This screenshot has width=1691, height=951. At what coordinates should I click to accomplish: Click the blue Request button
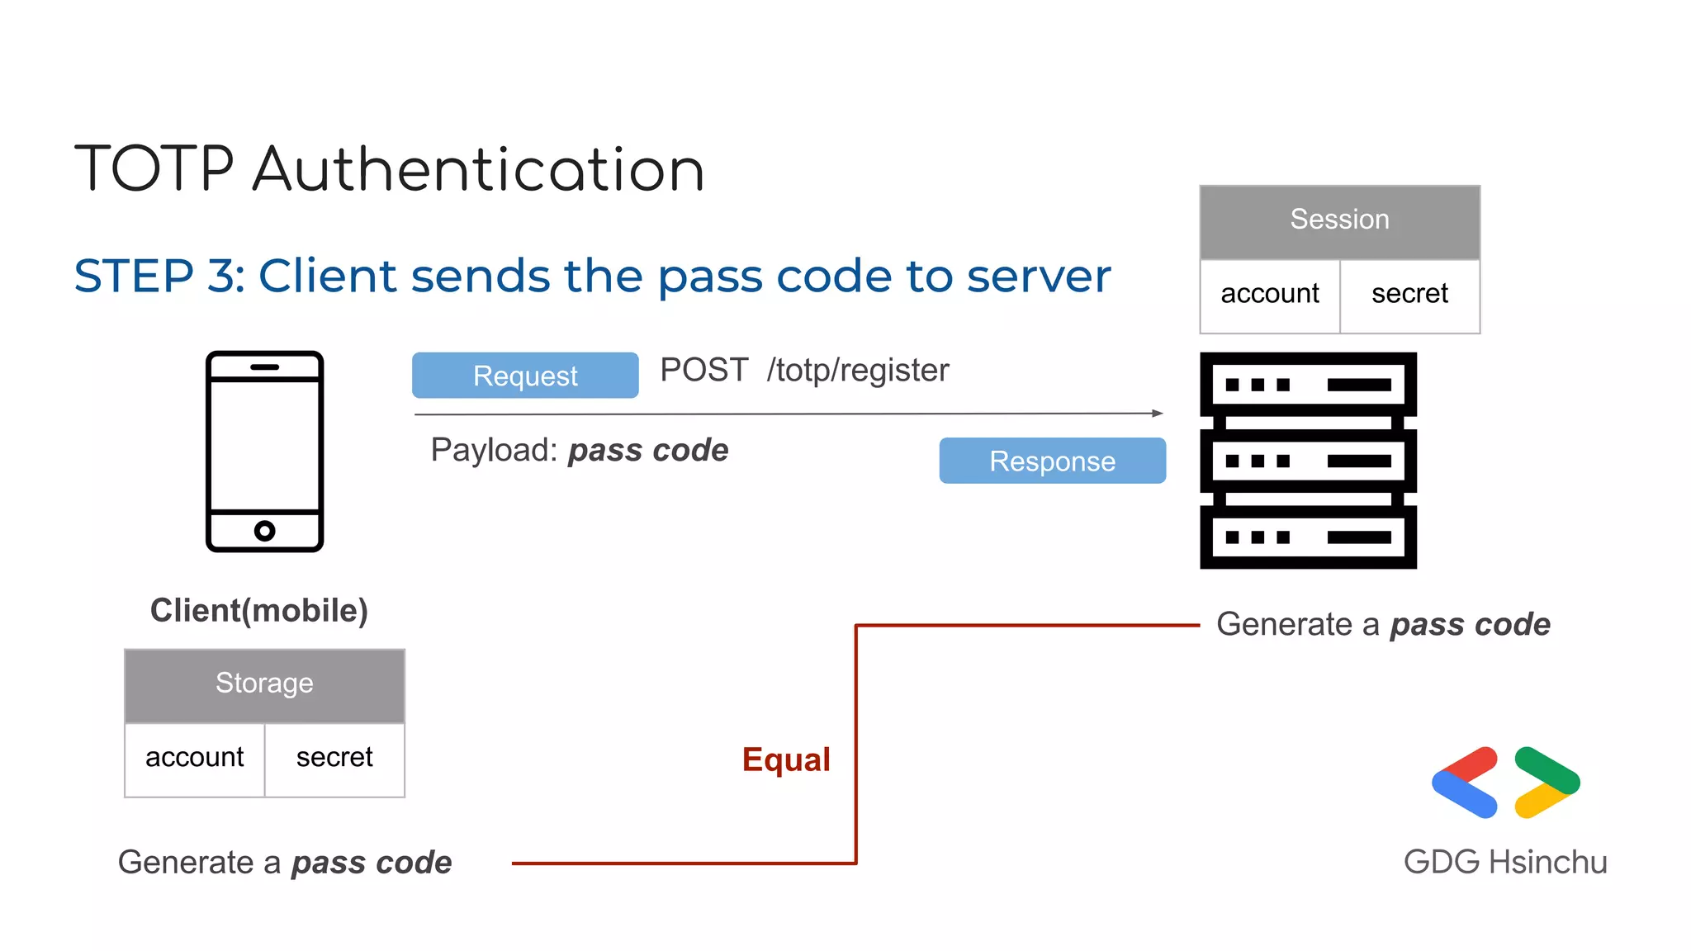pos(525,376)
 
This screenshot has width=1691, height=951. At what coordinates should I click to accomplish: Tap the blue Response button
pos(1052,461)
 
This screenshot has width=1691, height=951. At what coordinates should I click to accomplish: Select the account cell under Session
pos(1270,295)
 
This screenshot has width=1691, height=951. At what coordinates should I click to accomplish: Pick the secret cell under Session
pos(1409,295)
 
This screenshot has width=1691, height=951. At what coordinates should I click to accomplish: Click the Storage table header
pos(264,684)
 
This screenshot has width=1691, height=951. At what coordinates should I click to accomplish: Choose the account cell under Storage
pos(195,759)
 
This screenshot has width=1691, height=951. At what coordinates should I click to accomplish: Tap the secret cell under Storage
pos(334,759)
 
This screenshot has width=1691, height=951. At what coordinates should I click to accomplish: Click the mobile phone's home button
pos(264,531)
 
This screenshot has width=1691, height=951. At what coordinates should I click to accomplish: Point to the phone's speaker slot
pos(264,367)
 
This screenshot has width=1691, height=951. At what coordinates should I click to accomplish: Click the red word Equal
pos(786,759)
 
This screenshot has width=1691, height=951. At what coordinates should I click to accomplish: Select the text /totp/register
pos(858,371)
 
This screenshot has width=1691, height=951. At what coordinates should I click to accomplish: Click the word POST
pos(704,371)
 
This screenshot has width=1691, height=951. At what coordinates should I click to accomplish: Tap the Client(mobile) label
pos(259,611)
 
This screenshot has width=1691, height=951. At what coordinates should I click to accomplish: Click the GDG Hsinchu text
pos(1505,862)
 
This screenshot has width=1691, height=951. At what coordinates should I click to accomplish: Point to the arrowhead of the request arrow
pos(1158,413)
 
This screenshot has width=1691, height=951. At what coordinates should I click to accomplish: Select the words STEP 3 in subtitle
pos(159,276)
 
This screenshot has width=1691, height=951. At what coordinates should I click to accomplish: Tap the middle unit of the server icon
pos(1308,461)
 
